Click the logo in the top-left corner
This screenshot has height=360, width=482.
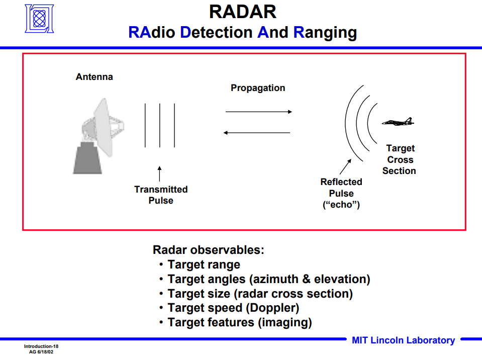pos(39,19)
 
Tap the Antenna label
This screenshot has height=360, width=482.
pos(94,77)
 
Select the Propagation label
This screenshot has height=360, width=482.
pos(258,88)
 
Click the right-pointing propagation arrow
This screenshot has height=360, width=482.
pos(258,112)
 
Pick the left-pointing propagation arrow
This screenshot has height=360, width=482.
pos(257,133)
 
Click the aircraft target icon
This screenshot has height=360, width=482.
pos(398,122)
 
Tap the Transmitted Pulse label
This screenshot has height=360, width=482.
pos(161,195)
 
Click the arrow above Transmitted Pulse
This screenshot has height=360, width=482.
pos(160,173)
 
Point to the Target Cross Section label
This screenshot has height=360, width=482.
pos(400,159)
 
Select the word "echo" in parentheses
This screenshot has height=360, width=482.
pos(341,205)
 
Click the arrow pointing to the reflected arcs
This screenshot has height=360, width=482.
pos(346,166)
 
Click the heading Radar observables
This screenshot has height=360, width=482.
pos(209,250)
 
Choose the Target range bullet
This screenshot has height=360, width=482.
pos(204,264)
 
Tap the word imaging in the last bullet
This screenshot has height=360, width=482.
pos(285,322)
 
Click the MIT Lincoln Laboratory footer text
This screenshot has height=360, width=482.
pos(403,340)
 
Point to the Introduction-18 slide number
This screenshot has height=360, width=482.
pos(41,347)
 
